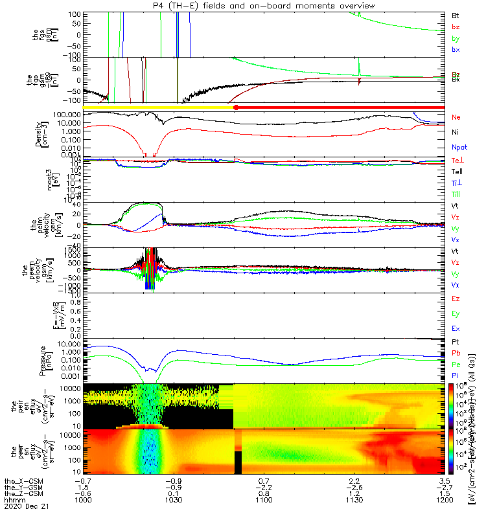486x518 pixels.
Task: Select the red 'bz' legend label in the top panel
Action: (x=456, y=27)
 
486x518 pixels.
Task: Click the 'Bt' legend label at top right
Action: (x=456, y=15)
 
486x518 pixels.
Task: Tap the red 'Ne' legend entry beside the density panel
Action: (x=456, y=117)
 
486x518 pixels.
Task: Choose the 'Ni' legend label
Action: (x=455, y=132)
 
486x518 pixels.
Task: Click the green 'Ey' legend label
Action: (x=456, y=314)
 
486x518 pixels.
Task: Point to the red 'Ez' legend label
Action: (x=456, y=299)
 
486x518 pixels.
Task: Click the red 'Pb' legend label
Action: (x=456, y=353)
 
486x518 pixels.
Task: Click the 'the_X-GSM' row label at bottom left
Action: (x=22, y=482)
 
